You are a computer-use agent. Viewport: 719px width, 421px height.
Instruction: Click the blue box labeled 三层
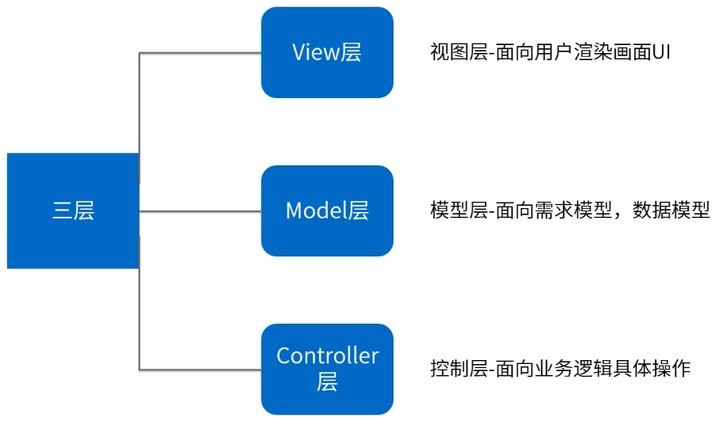tap(73, 210)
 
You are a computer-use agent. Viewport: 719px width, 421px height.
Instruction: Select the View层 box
tap(327, 52)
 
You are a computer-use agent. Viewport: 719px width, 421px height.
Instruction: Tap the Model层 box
tap(327, 210)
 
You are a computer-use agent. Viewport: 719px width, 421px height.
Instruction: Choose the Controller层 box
tap(327, 369)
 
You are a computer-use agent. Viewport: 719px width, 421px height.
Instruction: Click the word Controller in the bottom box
tap(327, 356)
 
